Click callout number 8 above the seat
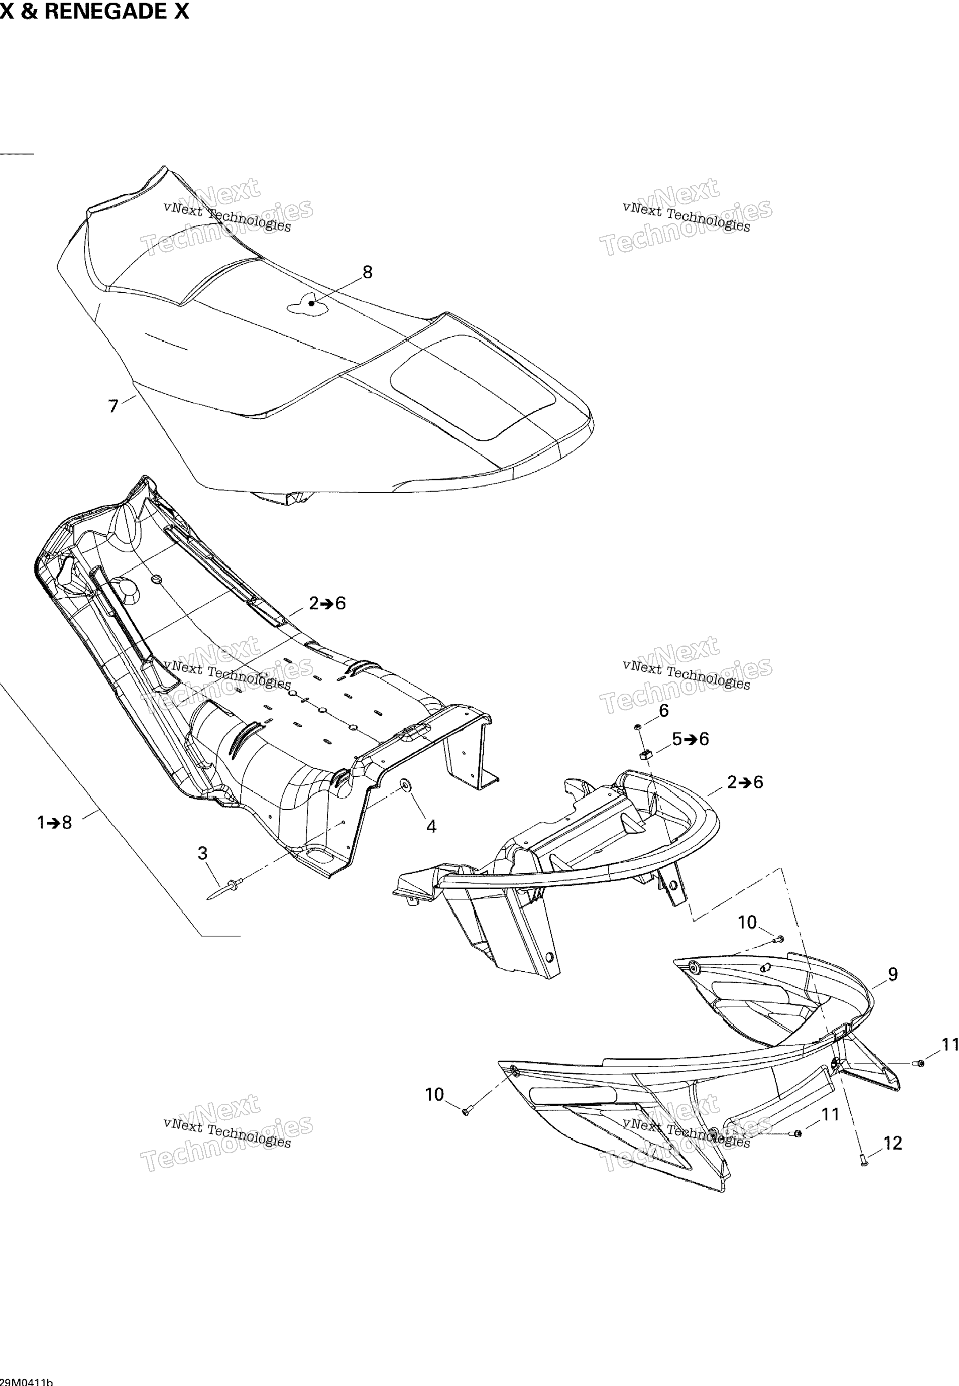click(x=367, y=272)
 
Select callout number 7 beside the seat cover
click(x=114, y=407)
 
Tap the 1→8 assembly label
click(x=55, y=822)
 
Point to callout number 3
click(x=202, y=854)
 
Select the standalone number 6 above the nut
click(x=664, y=710)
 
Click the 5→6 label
click(x=690, y=739)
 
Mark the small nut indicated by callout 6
click(x=637, y=727)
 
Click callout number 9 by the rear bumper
click(x=892, y=974)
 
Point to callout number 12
click(x=893, y=1144)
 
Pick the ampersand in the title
click(x=29, y=11)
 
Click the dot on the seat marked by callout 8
click(x=311, y=304)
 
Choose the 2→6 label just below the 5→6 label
click(x=745, y=782)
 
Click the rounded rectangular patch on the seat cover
click(x=473, y=386)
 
